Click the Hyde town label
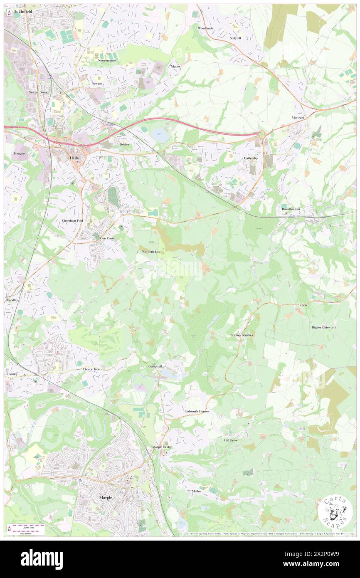pos(74,158)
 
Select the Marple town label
pos(106,497)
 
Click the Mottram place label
pos(298,118)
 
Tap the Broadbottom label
pos(291,209)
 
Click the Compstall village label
pos(157,366)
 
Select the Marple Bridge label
pos(162,447)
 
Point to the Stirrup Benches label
pos(242,335)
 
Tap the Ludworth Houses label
pos(197,411)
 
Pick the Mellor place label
pos(197,491)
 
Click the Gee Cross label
pos(107,238)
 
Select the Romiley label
pos(12,374)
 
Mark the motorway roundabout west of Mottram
pos(261,134)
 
